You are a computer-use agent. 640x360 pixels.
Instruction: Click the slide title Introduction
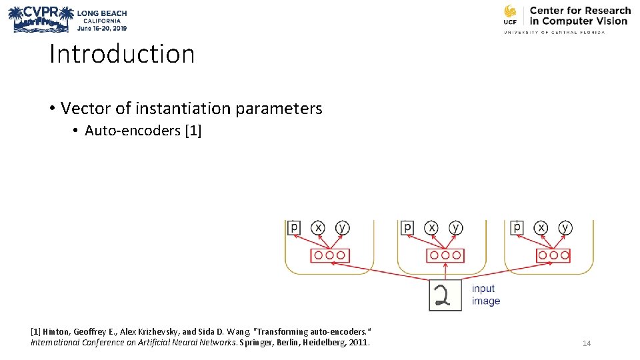(x=122, y=54)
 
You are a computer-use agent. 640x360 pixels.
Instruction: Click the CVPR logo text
(x=42, y=12)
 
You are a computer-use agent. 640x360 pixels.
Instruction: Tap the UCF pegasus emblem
(x=510, y=13)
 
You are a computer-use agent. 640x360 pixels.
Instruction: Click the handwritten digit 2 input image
(x=445, y=294)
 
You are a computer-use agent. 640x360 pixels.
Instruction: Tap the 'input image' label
(x=485, y=295)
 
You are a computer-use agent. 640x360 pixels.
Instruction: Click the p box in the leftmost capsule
(x=294, y=228)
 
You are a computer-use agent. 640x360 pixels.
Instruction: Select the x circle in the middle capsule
(x=431, y=228)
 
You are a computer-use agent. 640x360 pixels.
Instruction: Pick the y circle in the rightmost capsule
(x=565, y=228)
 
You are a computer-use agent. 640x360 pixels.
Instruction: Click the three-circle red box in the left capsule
(x=330, y=255)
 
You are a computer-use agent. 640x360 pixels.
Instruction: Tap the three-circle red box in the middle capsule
(x=444, y=255)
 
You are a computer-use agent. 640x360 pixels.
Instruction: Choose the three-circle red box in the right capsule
(x=553, y=255)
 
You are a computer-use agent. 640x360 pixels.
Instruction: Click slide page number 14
(x=587, y=343)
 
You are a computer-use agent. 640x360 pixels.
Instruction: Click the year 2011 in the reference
(x=358, y=343)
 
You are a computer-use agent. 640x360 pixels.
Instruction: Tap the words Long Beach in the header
(x=102, y=13)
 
